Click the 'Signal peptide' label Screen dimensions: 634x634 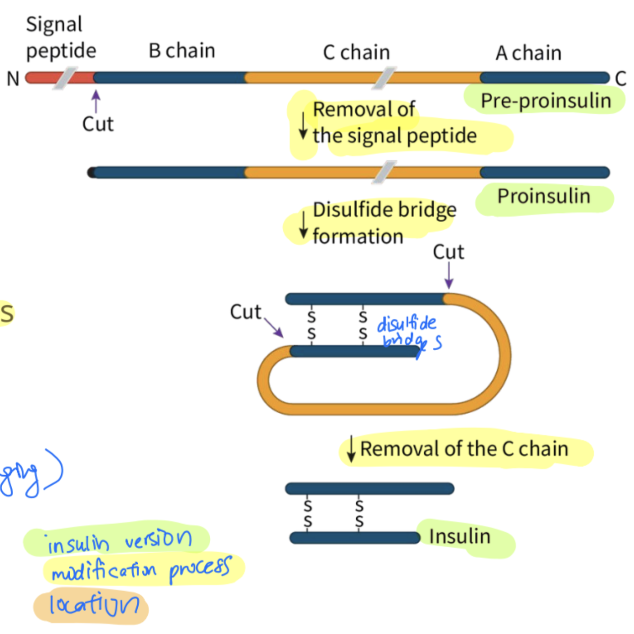(x=61, y=38)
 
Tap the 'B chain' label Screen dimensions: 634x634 (x=182, y=51)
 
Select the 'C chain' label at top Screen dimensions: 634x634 (x=356, y=53)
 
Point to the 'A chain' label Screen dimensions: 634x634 (x=529, y=53)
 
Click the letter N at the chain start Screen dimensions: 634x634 (x=13, y=79)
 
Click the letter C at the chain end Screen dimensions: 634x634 (x=620, y=79)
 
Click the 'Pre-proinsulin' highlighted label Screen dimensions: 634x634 (x=546, y=101)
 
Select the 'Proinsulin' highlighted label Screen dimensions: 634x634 (x=543, y=196)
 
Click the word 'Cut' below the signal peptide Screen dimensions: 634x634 (x=98, y=124)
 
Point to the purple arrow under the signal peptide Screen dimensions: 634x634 (x=95, y=101)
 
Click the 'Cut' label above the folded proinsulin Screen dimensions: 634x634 (x=448, y=252)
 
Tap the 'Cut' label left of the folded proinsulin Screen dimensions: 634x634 (x=245, y=312)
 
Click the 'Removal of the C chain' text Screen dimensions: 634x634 (x=464, y=449)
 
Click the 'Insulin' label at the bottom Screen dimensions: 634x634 (x=459, y=536)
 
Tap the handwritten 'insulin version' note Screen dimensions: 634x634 (x=120, y=541)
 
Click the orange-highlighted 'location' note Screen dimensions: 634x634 (x=94, y=605)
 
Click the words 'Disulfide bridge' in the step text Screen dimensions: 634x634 (x=385, y=210)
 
